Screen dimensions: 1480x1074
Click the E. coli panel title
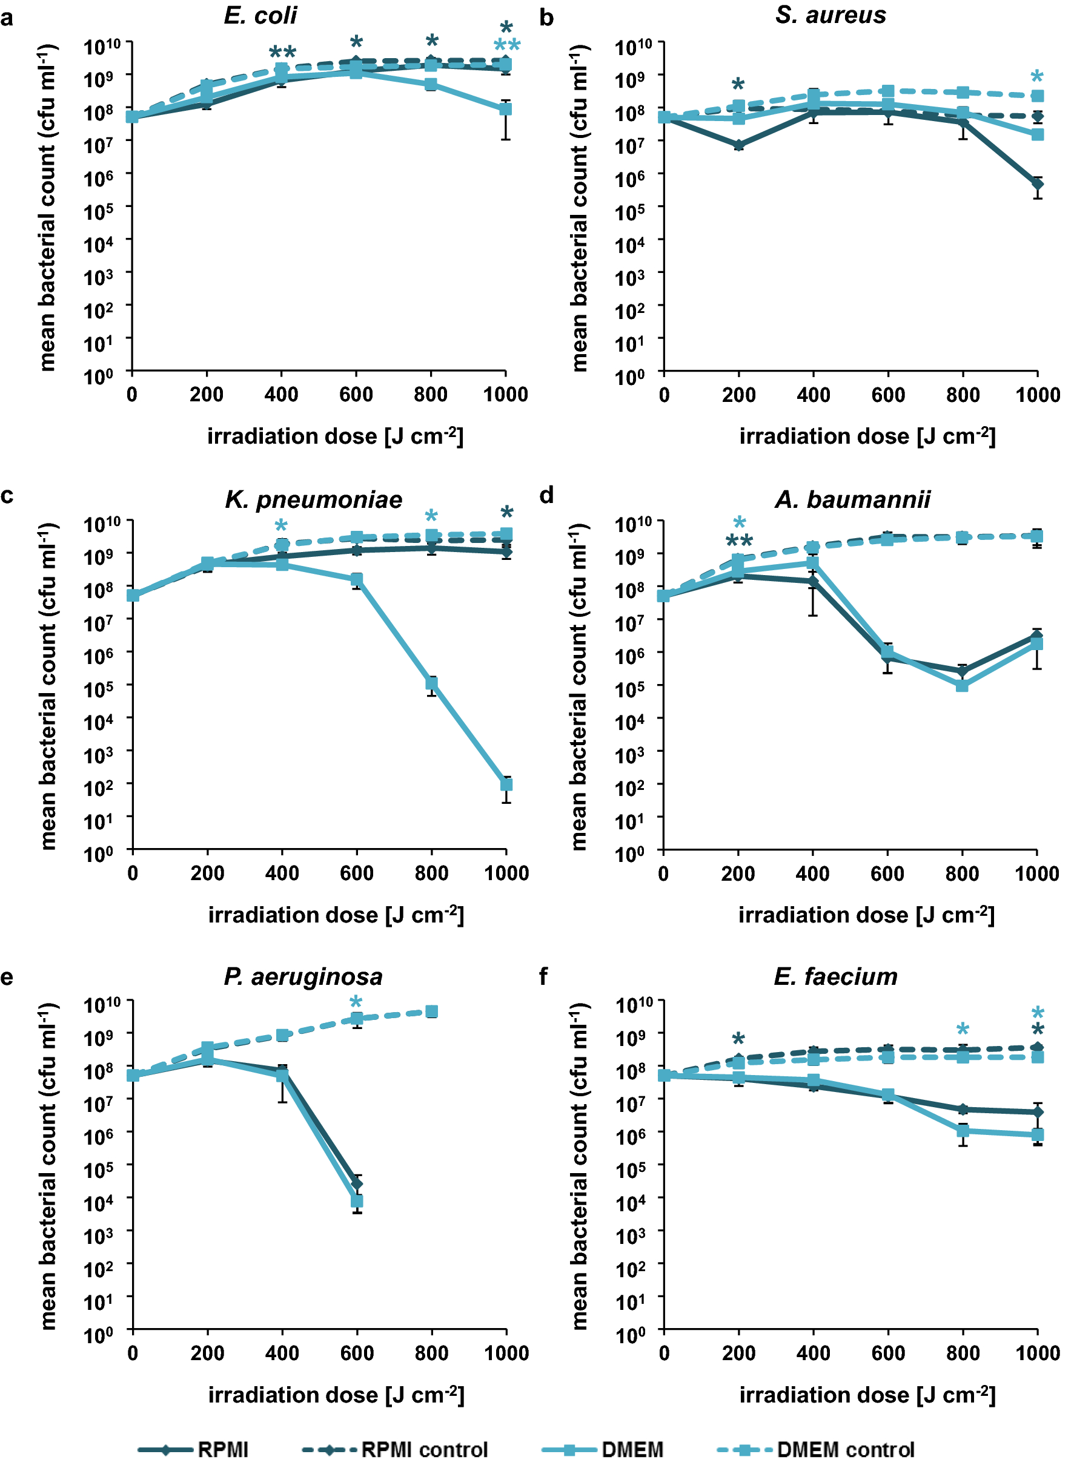click(260, 15)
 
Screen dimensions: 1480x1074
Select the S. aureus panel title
click(830, 15)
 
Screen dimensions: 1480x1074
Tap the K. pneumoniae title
click(313, 499)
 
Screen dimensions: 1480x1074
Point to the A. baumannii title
click(852, 499)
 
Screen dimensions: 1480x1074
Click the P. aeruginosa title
click(303, 977)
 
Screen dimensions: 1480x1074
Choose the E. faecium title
click(835, 977)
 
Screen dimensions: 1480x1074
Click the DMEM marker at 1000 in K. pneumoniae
click(506, 784)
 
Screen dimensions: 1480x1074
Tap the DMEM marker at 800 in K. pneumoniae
click(431, 683)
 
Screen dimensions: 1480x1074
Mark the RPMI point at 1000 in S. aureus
click(1037, 184)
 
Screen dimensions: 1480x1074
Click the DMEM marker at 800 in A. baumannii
click(962, 685)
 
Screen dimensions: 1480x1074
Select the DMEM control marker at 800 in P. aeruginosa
click(431, 1011)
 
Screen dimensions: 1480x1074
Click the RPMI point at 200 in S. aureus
click(738, 145)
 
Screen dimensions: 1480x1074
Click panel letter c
click(7, 496)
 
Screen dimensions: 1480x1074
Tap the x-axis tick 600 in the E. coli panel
click(356, 394)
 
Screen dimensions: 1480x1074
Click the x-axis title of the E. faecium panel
click(867, 1395)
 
